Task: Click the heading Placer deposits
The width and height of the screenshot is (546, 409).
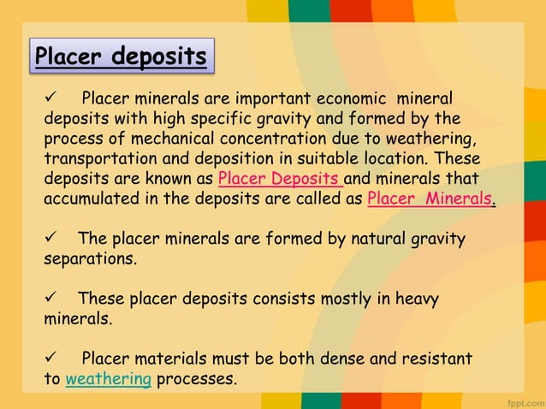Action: pos(122,56)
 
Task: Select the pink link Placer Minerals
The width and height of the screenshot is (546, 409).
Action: pos(430,199)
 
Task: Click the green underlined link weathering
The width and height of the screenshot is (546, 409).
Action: pos(109,378)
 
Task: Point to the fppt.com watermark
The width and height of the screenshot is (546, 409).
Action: pos(519,399)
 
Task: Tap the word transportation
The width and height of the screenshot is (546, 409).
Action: pos(96,159)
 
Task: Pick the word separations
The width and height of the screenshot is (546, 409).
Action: pos(90,258)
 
